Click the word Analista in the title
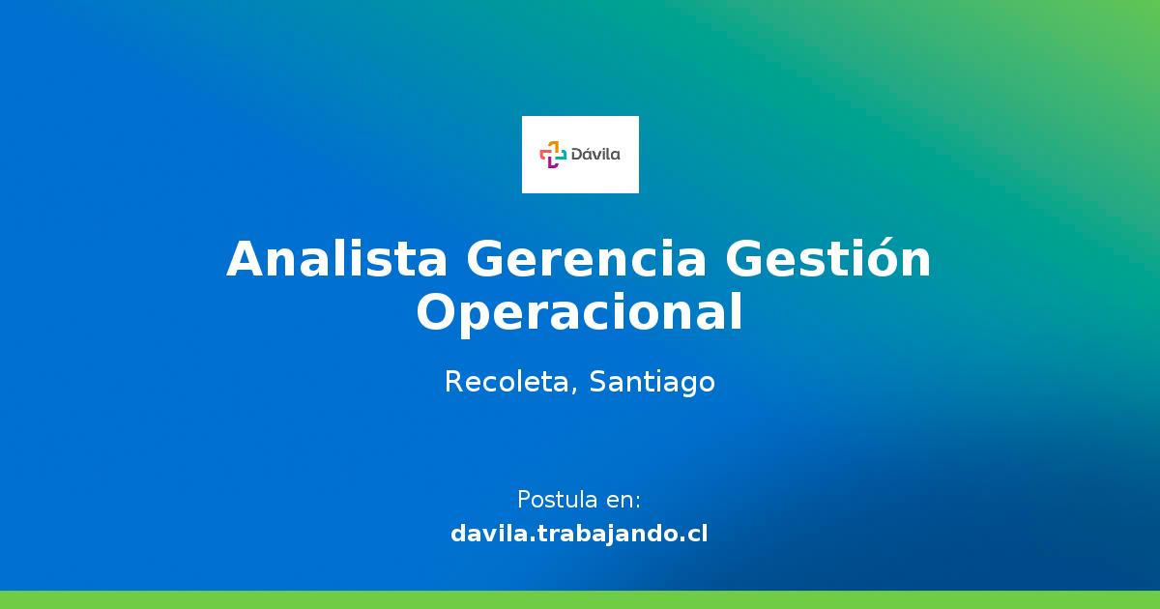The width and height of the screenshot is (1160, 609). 336,259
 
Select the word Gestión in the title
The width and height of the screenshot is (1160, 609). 828,259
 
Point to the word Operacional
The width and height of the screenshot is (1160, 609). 580,312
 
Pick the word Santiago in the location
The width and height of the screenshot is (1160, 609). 652,383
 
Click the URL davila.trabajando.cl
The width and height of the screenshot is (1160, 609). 579,533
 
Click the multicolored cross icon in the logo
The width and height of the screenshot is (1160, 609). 552,154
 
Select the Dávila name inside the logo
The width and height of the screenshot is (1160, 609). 596,154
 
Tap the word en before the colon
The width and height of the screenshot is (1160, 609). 619,501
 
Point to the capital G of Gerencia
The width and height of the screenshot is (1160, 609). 485,259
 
